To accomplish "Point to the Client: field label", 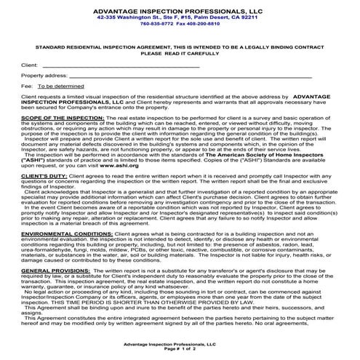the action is pyautogui.click(x=30, y=65).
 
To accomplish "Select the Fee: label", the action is pyautogui.click(x=27, y=86).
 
